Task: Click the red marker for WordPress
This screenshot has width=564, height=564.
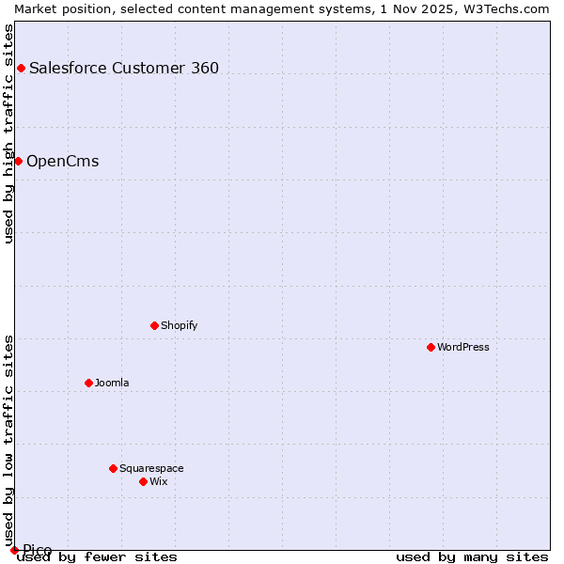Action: tap(431, 347)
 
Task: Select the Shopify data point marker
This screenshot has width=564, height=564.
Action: tap(154, 325)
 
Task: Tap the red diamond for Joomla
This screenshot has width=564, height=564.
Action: tap(88, 383)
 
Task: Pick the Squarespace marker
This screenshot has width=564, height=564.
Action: tap(113, 468)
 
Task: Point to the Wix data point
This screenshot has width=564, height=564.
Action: tap(143, 481)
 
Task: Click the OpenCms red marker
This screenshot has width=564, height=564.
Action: tap(18, 161)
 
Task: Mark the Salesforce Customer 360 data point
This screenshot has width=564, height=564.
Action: tap(21, 68)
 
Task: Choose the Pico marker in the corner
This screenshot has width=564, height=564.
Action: tap(14, 550)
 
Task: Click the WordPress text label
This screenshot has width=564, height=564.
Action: tap(463, 347)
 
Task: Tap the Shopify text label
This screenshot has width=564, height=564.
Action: tap(180, 325)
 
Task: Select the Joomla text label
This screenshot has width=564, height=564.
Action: tap(112, 383)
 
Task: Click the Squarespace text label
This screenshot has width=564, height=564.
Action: tap(151, 468)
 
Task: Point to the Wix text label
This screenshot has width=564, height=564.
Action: tap(159, 481)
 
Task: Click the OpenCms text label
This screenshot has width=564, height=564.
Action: tap(62, 161)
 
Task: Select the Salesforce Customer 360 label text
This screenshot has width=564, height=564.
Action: tap(124, 68)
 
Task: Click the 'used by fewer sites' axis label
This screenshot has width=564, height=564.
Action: tap(98, 557)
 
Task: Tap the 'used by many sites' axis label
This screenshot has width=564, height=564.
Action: tap(472, 557)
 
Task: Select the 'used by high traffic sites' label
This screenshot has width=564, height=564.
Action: tap(8, 133)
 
